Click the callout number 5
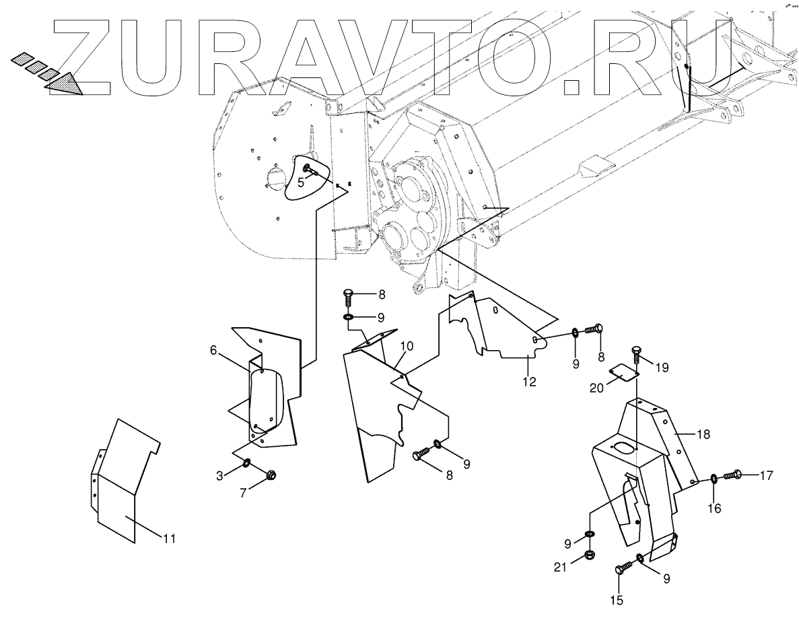[x=301, y=182]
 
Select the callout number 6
[x=213, y=350]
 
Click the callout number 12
[x=529, y=382]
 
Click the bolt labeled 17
[x=733, y=476]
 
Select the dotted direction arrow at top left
[x=47, y=71]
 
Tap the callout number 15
[x=617, y=600]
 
